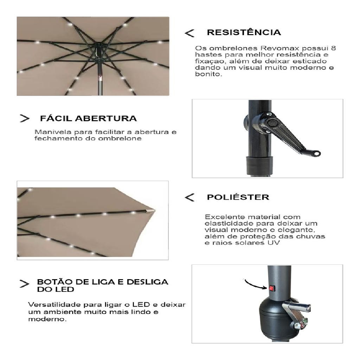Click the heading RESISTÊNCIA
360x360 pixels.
click(244, 32)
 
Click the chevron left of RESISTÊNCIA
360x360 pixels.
click(189, 33)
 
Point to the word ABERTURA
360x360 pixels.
click(106, 118)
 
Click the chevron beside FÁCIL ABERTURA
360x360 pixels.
click(25, 118)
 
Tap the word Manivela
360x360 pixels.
click(53, 132)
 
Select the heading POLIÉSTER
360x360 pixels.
click(238, 197)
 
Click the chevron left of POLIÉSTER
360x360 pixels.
click(189, 197)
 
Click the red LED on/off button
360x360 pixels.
click(272, 288)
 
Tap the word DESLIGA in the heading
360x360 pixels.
click(147, 282)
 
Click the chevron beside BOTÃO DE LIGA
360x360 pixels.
click(24, 284)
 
